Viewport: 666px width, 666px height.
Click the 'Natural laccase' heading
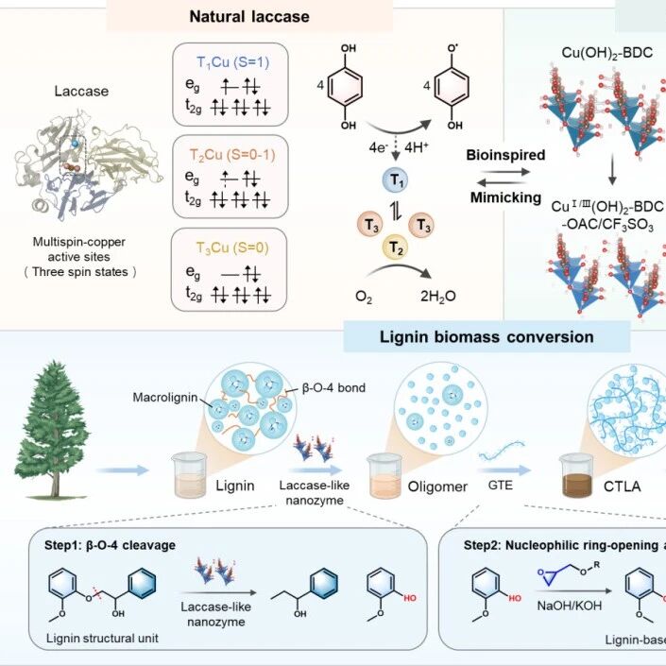coord(249,17)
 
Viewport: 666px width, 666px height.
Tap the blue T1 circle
coord(396,180)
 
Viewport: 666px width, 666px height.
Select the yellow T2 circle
coord(395,247)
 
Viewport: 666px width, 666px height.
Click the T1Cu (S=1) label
coord(232,63)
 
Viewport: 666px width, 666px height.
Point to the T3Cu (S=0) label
coord(232,248)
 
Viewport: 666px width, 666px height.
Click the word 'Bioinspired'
coord(505,155)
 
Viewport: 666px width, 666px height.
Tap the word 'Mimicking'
coord(505,197)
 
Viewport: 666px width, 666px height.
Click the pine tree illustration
coord(52,430)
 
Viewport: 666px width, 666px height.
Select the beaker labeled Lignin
coord(190,475)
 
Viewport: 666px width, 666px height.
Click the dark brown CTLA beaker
coord(576,475)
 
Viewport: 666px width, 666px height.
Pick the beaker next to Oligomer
coord(384,476)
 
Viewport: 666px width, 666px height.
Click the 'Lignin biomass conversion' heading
coord(487,337)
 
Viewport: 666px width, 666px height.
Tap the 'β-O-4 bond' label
coord(333,388)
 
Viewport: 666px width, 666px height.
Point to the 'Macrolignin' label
coord(165,397)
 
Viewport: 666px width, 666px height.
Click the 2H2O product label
coord(438,297)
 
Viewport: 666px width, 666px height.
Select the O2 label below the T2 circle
coord(364,297)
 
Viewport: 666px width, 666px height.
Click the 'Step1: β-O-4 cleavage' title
coord(110,545)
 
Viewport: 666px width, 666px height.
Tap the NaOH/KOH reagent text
coord(569,606)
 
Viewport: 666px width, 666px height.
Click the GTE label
coord(501,485)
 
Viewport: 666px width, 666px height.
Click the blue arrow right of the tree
coord(122,470)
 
